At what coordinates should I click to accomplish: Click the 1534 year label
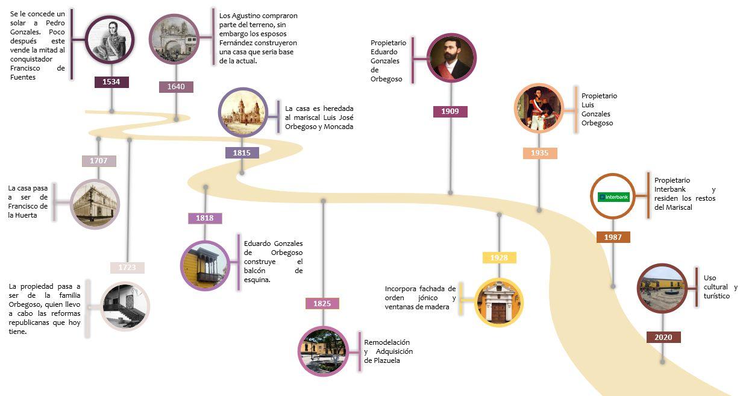[x=111, y=82]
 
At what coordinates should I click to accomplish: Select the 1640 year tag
[x=176, y=87]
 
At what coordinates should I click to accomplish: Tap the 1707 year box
[x=99, y=161]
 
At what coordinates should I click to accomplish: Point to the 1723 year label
[x=127, y=268]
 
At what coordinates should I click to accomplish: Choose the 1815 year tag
[x=242, y=153]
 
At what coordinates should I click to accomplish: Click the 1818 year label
[x=205, y=218]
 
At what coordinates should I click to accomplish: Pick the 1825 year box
[x=322, y=304]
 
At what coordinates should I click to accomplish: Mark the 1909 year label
[x=450, y=112]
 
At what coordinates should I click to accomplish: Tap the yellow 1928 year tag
[x=499, y=258]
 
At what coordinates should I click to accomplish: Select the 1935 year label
[x=540, y=153]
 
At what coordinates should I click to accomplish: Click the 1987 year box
[x=613, y=237]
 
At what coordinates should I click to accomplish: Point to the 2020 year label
[x=663, y=338]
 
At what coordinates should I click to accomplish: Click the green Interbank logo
[x=613, y=197]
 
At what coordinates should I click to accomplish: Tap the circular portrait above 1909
[x=451, y=58]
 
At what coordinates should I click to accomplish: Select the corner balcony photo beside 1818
[x=205, y=266]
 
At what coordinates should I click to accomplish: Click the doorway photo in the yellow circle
[x=499, y=302]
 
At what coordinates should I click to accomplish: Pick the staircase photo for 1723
[x=125, y=306]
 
